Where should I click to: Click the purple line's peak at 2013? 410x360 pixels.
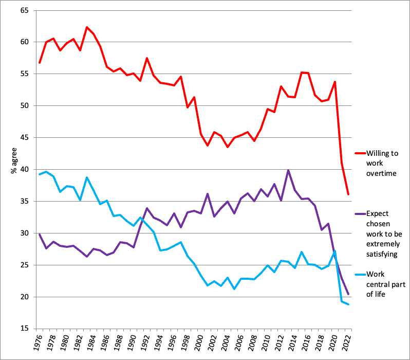pos(288,170)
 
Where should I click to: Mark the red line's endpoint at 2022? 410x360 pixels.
pos(348,194)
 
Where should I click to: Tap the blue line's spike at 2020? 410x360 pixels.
pos(335,250)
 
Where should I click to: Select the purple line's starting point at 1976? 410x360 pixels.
pos(40,234)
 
